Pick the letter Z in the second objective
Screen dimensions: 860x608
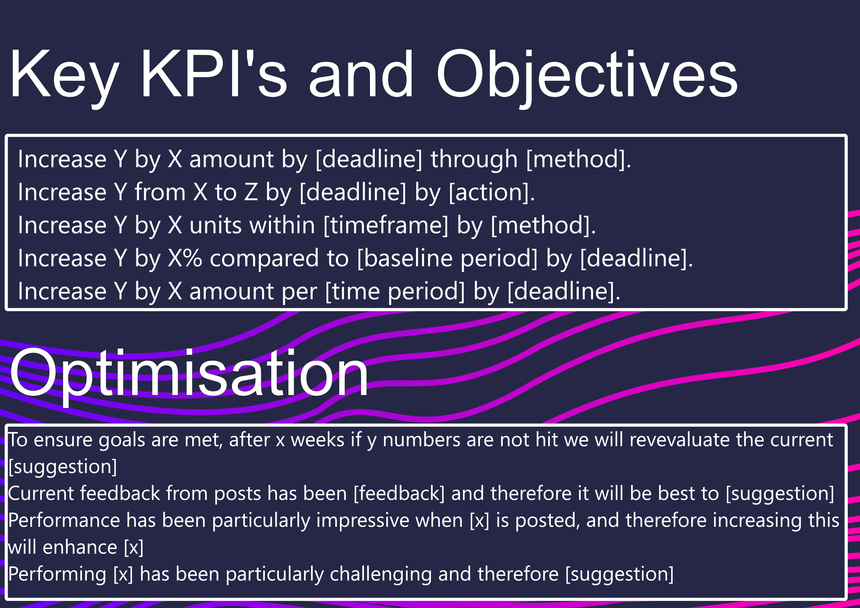tap(251, 192)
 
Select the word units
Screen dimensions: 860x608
tap(215, 225)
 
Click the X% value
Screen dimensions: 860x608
tap(185, 258)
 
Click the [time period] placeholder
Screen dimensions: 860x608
tap(395, 292)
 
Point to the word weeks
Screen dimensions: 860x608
tap(318, 440)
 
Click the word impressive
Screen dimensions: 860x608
tap(363, 521)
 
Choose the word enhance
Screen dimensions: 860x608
tap(80, 548)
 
